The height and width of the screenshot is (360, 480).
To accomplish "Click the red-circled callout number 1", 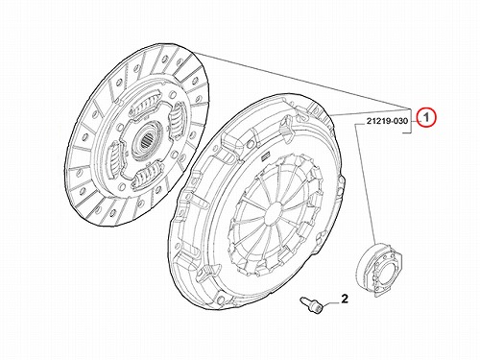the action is point(426,117).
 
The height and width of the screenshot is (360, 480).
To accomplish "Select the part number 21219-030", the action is point(387,121).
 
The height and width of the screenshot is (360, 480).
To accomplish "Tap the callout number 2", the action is point(345,299).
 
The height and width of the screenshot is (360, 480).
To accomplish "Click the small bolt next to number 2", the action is point(312,305).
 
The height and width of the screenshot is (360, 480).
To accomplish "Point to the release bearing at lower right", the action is point(380,270).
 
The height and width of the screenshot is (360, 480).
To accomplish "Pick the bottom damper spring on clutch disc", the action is point(148,175).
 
